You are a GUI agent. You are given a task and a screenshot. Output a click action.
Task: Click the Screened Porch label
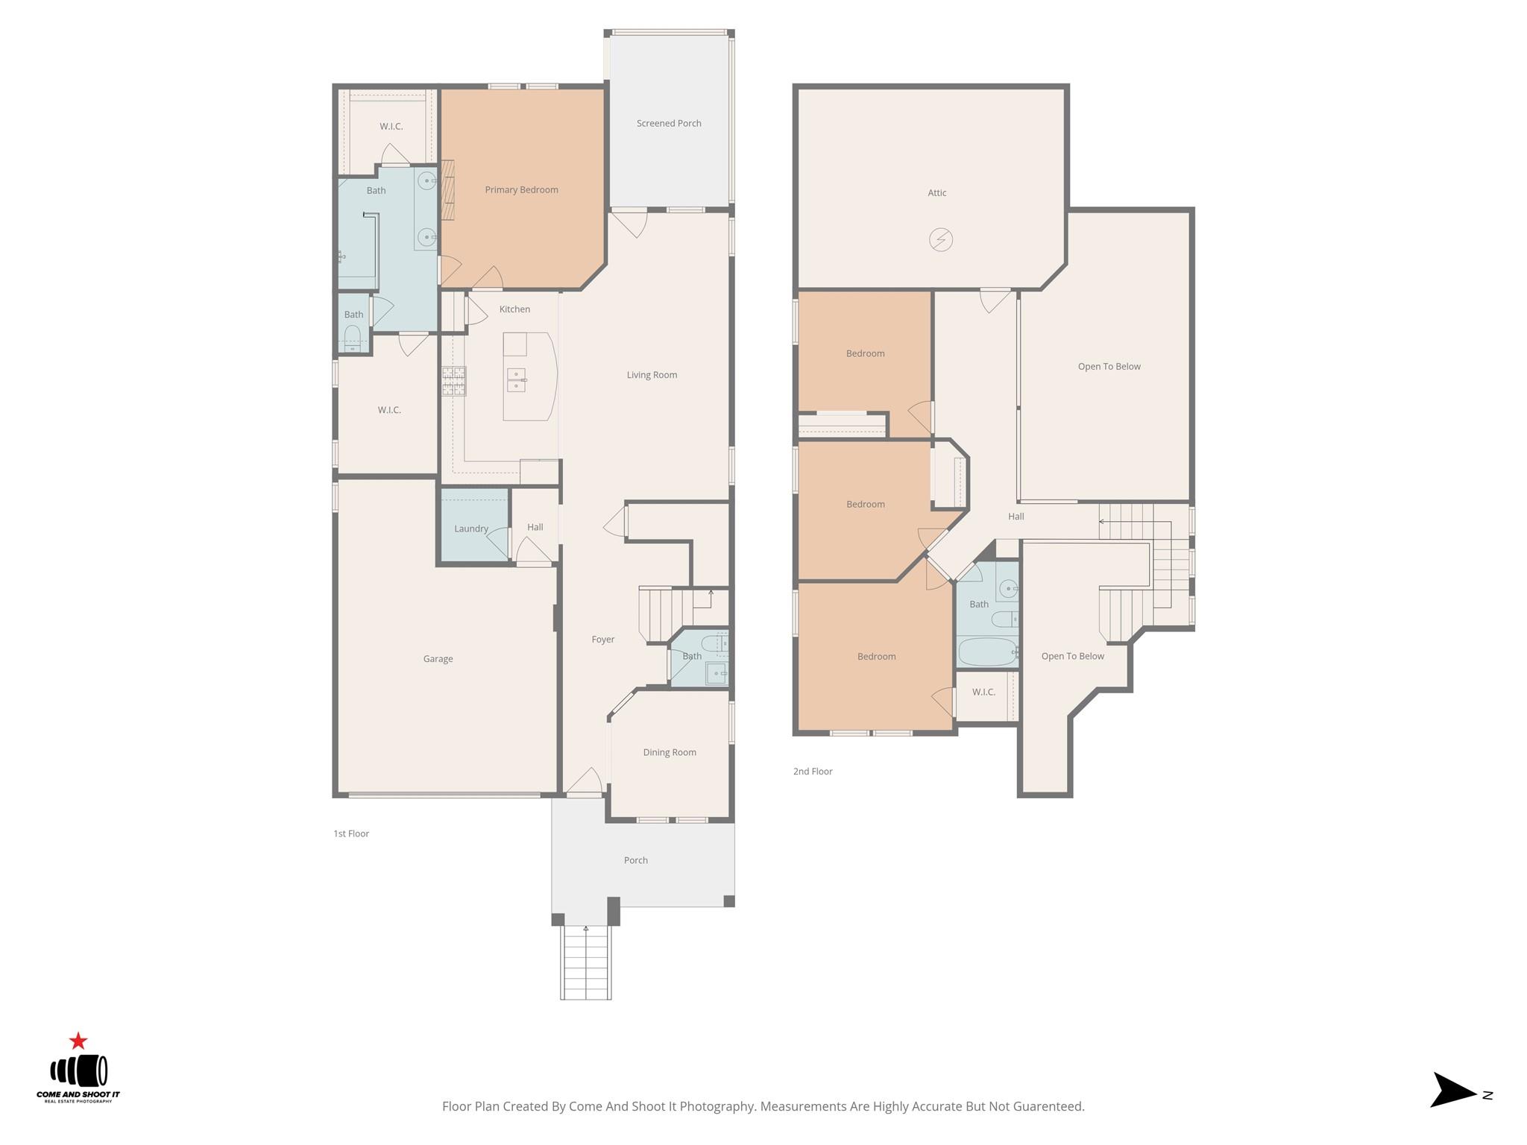(669, 123)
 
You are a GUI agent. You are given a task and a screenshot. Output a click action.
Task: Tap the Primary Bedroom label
(521, 189)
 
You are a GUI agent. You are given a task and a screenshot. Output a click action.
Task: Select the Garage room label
(438, 659)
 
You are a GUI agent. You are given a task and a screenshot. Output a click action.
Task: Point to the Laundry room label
(471, 529)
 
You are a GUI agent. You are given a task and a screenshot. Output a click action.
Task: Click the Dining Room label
(670, 752)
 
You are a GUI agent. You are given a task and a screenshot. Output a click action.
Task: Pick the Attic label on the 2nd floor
(937, 192)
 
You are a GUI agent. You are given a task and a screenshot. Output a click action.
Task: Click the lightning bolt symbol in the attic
(941, 240)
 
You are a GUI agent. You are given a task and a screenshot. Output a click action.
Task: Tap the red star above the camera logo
(78, 1041)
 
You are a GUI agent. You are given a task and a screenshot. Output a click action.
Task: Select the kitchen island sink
(516, 380)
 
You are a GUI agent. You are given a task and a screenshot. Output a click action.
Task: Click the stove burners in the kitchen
(454, 381)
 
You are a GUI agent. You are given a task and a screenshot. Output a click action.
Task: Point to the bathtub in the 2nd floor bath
(987, 652)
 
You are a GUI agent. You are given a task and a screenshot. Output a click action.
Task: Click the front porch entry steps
(586, 962)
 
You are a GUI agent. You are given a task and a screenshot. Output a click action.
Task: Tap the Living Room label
(652, 375)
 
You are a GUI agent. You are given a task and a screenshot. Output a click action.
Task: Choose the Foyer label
(603, 639)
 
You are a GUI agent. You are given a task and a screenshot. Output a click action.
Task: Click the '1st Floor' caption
(351, 833)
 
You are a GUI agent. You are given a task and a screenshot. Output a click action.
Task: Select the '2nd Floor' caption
(813, 772)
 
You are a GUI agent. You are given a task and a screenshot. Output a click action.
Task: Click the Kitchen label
(514, 309)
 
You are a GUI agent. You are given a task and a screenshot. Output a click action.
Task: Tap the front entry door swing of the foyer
(585, 780)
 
